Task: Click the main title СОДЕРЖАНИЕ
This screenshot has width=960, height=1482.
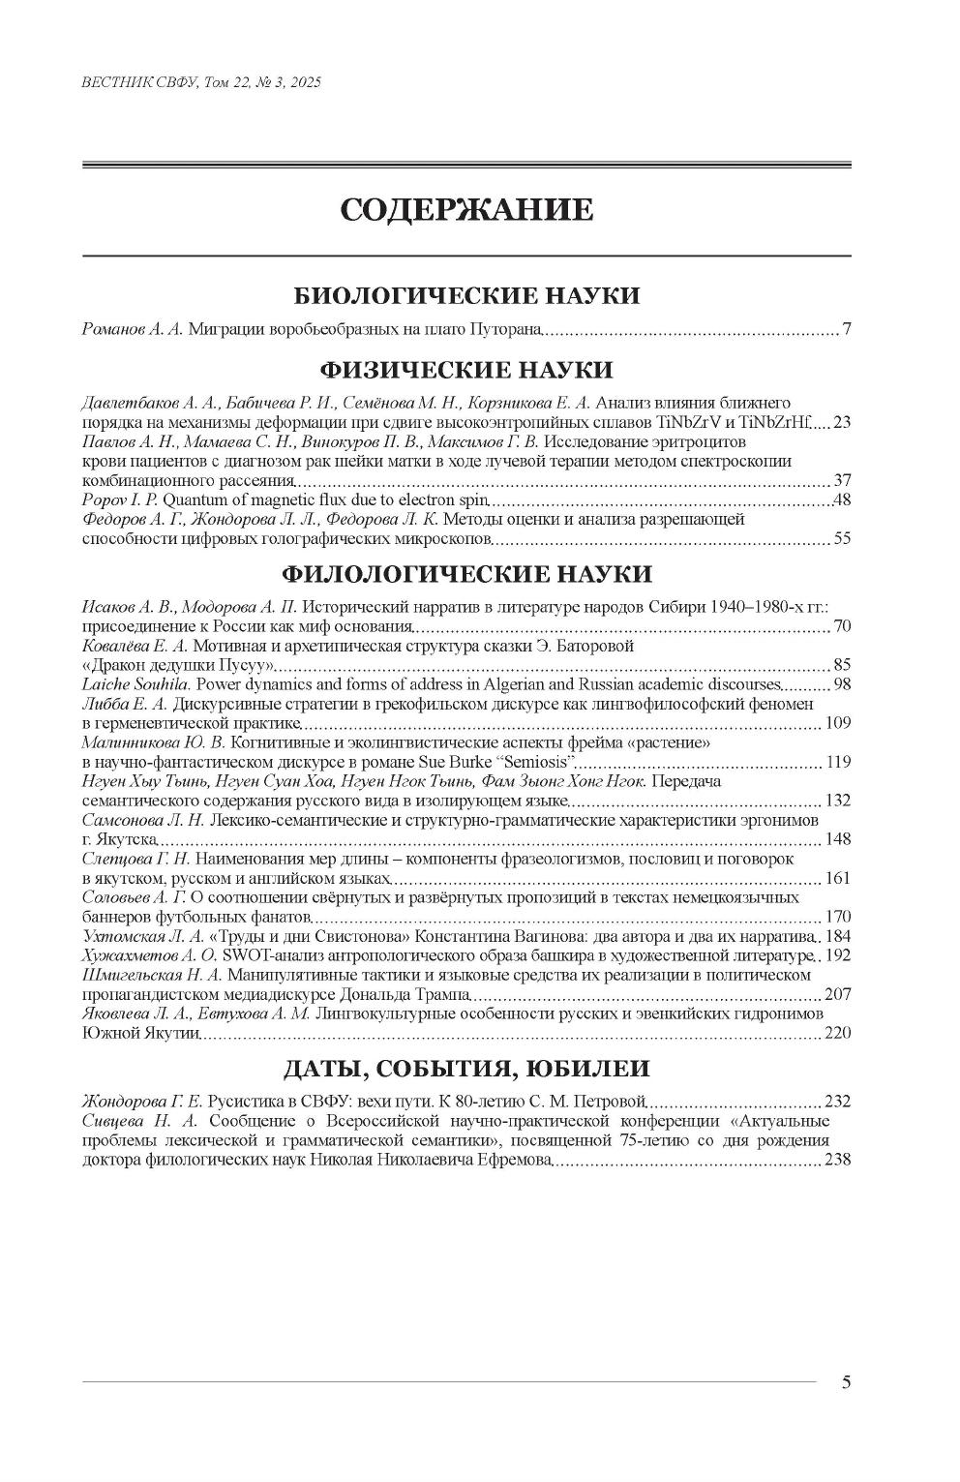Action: [466, 210]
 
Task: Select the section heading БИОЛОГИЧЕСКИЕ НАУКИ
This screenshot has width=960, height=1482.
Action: [466, 295]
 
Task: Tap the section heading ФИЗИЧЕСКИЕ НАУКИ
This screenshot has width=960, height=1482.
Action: [466, 370]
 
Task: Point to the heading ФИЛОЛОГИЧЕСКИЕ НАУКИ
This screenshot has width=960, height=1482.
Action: [466, 574]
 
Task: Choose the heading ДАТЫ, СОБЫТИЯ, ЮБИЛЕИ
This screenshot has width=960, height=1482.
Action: [466, 1069]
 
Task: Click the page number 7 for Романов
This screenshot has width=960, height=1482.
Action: [846, 330]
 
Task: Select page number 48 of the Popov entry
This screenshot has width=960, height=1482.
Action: [841, 500]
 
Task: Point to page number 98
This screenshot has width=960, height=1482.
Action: [841, 684]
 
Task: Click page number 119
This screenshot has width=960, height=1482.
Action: [837, 762]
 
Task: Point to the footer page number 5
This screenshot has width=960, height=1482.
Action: [846, 1382]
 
